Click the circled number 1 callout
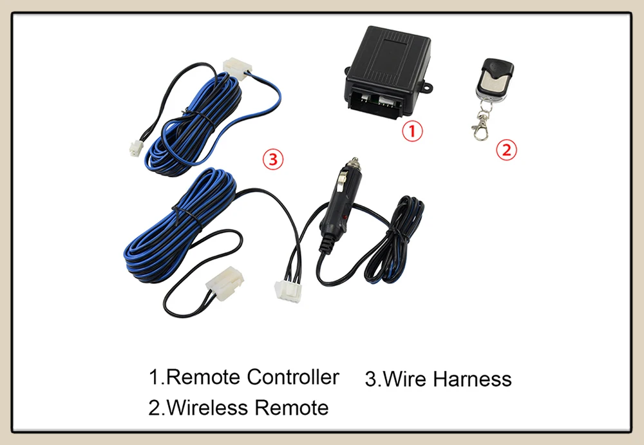[x=413, y=132]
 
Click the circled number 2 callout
[x=506, y=150]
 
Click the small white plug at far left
[x=135, y=148]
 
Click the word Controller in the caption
[x=292, y=377]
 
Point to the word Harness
[x=472, y=379]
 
